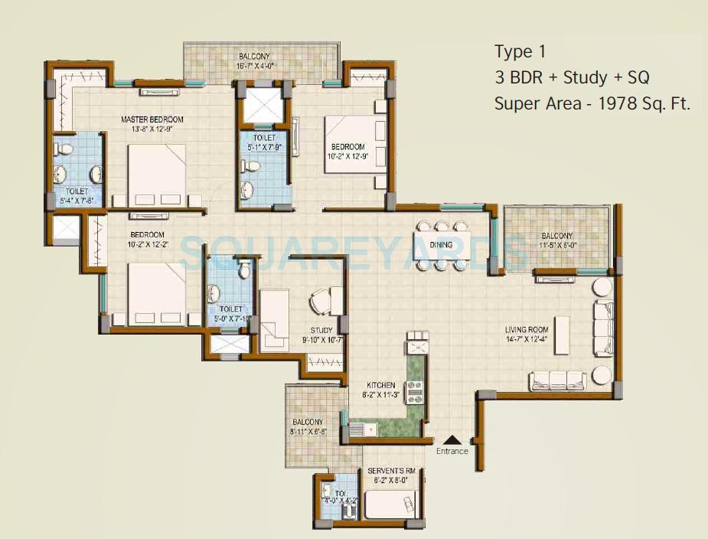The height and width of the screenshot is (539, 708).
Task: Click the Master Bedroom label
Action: point(152,119)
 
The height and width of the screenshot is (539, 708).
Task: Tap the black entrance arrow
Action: point(452,439)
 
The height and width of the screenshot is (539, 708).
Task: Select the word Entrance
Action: point(452,451)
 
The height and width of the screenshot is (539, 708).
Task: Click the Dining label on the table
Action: point(440,245)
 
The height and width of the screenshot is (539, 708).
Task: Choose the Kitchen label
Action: point(380,385)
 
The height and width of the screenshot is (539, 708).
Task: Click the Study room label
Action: point(321,331)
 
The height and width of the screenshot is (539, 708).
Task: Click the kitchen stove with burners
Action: point(415,391)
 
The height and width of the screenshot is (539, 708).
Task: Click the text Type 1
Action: point(520,52)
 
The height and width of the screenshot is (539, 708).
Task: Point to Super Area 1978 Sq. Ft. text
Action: point(592,103)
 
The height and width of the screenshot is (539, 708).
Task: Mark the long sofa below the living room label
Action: point(556,380)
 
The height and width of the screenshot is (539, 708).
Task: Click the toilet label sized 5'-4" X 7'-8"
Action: point(77,201)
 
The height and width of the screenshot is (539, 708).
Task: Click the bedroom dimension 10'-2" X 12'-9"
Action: point(347,157)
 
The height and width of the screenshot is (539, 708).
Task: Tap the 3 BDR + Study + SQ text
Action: point(573,77)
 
